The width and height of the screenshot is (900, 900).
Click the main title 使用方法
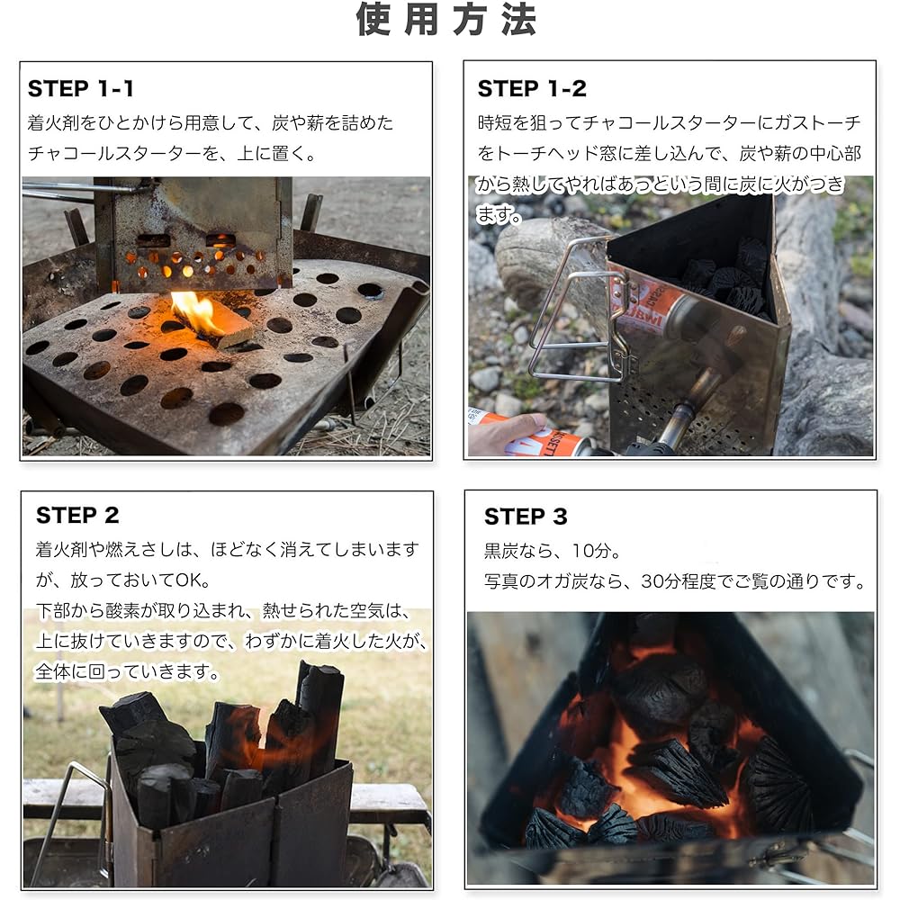(x=447, y=21)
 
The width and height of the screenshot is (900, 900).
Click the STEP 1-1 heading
(x=80, y=88)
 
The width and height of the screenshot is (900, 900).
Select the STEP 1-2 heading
(x=531, y=88)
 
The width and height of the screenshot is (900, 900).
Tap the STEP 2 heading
(x=77, y=516)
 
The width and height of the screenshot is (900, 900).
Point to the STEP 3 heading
(x=526, y=517)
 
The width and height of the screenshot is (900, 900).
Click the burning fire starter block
(x=212, y=321)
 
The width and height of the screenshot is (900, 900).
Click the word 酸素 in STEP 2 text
(x=130, y=611)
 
